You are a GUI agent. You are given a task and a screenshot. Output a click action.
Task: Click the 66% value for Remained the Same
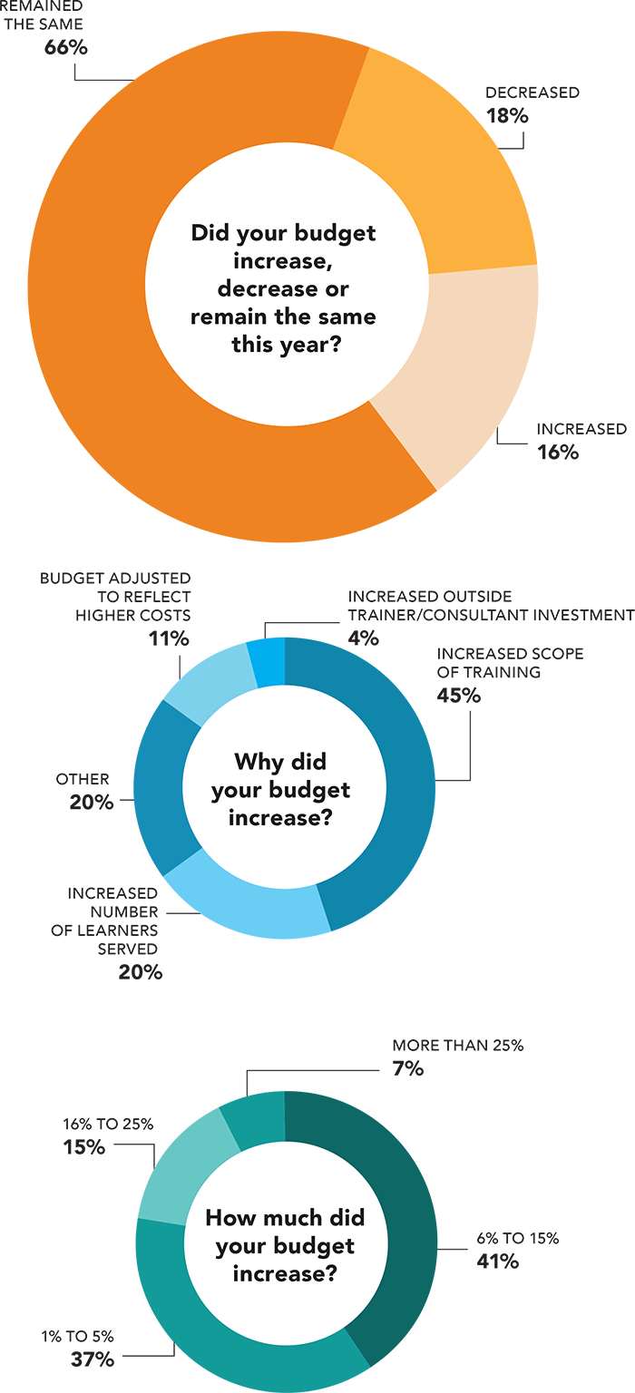66,48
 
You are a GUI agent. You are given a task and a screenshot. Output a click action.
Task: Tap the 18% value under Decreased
507,116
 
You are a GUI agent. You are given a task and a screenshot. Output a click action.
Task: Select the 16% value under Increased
558,453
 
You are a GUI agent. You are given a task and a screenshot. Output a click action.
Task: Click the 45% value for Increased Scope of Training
458,696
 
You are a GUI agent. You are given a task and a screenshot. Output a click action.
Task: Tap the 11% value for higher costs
169,638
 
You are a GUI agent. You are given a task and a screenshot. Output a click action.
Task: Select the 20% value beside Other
92,803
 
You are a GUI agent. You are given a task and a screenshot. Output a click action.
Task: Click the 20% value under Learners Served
141,972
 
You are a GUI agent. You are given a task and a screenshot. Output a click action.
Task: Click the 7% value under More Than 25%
408,1068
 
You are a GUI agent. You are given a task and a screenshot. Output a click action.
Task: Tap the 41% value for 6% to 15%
497,1261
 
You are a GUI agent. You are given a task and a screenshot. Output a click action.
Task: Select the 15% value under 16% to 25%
84,1146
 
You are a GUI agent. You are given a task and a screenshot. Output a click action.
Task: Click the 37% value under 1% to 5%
93,1359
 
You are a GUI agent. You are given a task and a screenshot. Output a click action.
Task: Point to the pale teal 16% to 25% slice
181,1169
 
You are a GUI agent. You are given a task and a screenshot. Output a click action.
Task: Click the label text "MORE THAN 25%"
458,1046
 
